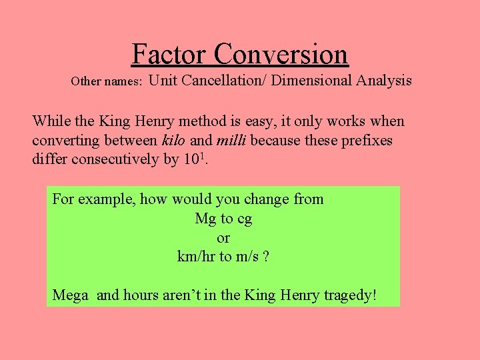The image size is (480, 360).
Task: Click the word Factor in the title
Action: pyautogui.click(x=170, y=53)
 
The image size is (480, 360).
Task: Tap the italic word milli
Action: pyautogui.click(x=233, y=141)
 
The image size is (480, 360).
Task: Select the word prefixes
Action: pyautogui.click(x=368, y=141)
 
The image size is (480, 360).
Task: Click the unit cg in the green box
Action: pyautogui.click(x=244, y=219)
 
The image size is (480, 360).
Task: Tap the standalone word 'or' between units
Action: pyautogui.click(x=223, y=238)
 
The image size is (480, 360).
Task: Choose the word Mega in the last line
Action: pyautogui.click(x=70, y=295)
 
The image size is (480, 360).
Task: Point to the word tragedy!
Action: pyautogui.click(x=351, y=295)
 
